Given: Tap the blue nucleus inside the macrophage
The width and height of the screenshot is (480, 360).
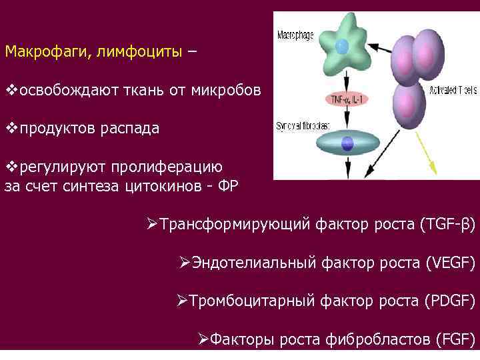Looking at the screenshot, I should pyautogui.click(x=341, y=47).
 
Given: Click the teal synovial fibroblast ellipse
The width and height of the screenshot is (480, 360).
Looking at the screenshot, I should pyautogui.click(x=347, y=143).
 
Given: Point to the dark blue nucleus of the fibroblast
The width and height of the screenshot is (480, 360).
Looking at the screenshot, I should pyautogui.click(x=347, y=142).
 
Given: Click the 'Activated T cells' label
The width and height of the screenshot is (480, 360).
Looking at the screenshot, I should pyautogui.click(x=453, y=90).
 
